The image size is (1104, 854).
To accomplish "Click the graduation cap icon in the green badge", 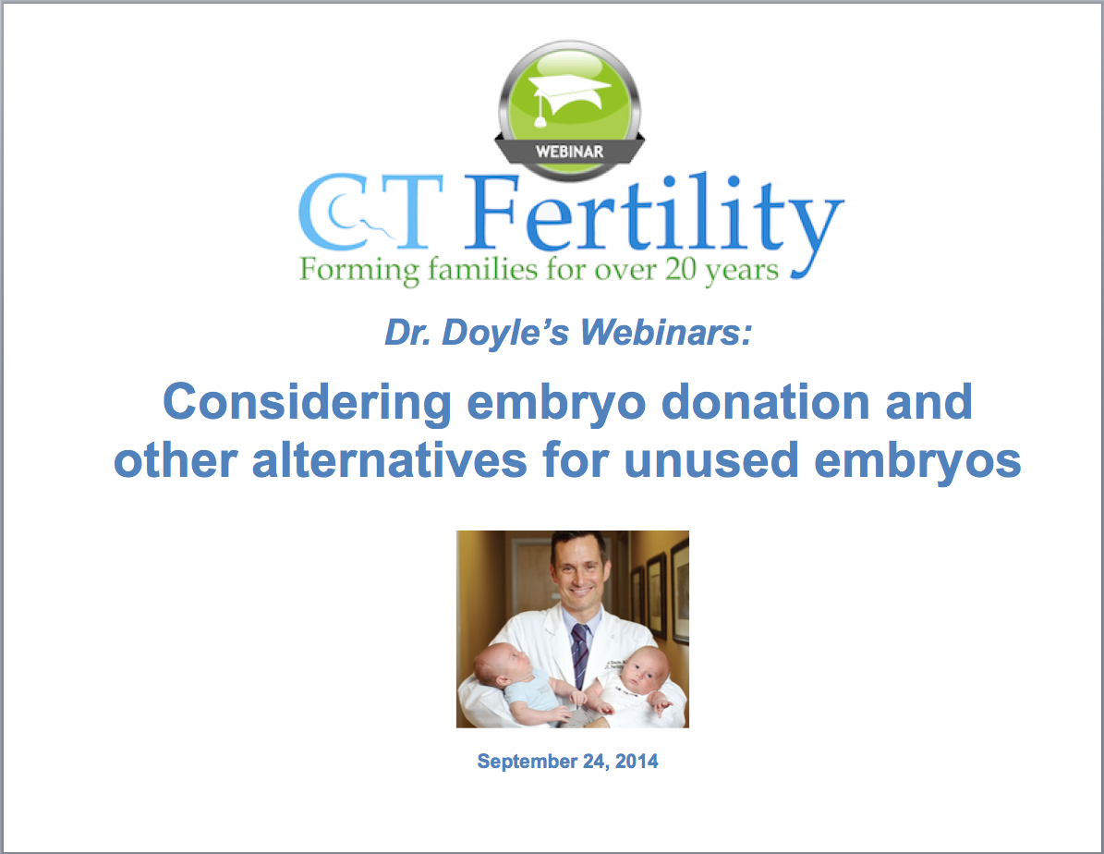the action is (x=569, y=99).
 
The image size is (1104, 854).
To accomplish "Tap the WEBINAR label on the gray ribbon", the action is (x=569, y=152).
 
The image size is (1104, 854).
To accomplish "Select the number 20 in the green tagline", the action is (x=680, y=268).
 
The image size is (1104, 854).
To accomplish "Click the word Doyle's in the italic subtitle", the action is (x=504, y=333).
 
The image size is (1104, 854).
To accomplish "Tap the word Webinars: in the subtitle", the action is (x=666, y=332).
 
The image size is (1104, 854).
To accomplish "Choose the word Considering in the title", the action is (x=307, y=402).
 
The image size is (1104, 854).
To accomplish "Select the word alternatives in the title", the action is (x=389, y=460).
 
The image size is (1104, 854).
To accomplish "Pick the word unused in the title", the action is (x=711, y=461).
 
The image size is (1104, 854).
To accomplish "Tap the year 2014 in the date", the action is (x=637, y=761).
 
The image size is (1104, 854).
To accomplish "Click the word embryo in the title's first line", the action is (x=556, y=403).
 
